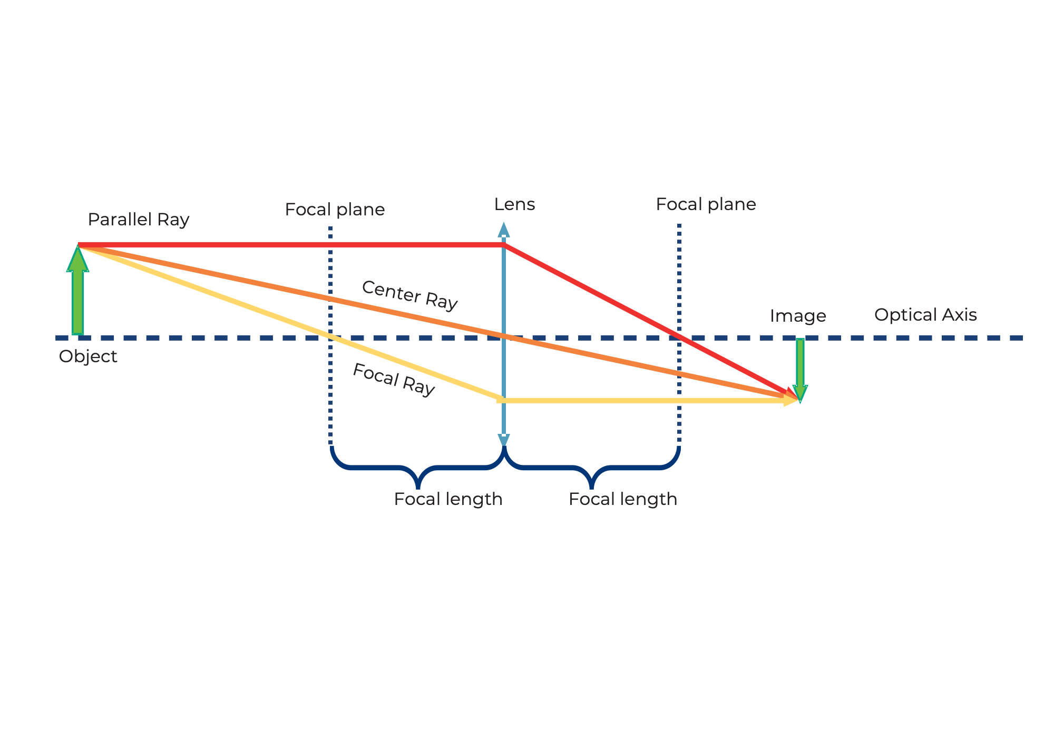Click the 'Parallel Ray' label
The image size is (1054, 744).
[x=138, y=220]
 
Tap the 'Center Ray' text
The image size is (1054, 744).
[x=409, y=295]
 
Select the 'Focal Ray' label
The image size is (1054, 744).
[x=393, y=380]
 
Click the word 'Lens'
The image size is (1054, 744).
[x=514, y=204]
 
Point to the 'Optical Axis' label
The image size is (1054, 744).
[x=925, y=315]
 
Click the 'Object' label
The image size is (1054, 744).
[x=88, y=356]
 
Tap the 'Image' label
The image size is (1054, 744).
[x=798, y=316]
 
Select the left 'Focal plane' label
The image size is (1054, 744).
[x=335, y=210]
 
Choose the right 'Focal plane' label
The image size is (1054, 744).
[x=706, y=204]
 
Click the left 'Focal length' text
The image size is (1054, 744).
[x=448, y=499]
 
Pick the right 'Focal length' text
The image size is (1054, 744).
[x=623, y=499]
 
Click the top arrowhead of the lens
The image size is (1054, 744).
[x=504, y=229]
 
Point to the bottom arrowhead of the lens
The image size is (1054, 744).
[x=504, y=440]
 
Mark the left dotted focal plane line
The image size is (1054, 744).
[x=330, y=395]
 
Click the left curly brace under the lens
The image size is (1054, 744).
[x=418, y=469]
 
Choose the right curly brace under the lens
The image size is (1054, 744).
[x=592, y=469]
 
